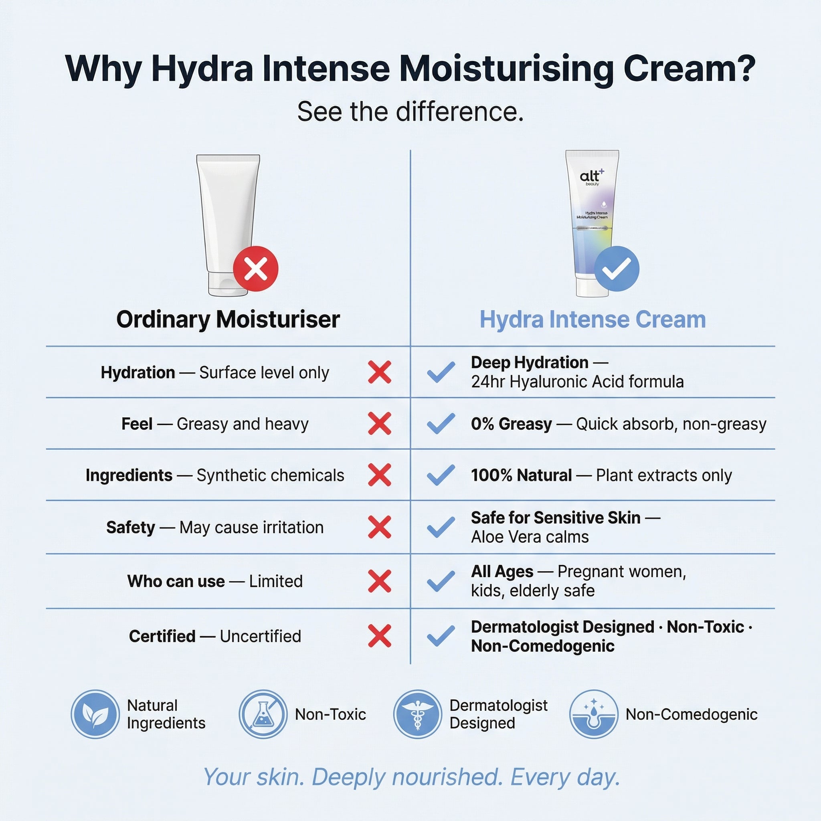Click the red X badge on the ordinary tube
(255, 269)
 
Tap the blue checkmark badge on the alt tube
(616, 269)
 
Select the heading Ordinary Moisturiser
(228, 319)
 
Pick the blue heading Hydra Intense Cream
(592, 319)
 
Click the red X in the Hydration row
(379, 372)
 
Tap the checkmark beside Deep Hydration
(441, 372)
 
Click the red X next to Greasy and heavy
(379, 424)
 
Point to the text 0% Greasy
(511, 424)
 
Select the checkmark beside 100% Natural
(441, 475)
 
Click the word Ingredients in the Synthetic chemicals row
(129, 475)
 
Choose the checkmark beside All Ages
(441, 581)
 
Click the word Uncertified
(260, 636)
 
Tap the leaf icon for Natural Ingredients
(95, 714)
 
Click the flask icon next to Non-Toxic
(263, 714)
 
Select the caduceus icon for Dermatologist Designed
(417, 714)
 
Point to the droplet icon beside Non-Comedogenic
(594, 714)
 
